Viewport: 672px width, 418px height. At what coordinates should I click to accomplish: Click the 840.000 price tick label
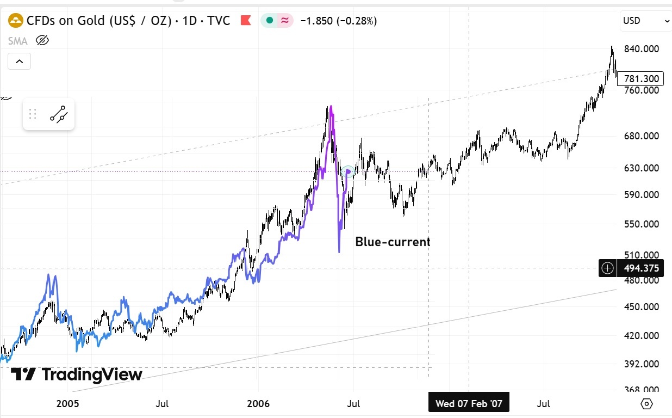tap(641, 49)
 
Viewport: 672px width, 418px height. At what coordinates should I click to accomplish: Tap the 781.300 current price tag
tap(641, 79)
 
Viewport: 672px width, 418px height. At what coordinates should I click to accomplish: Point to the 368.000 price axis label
tap(641, 390)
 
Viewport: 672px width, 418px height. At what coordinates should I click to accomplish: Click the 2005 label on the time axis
tap(68, 404)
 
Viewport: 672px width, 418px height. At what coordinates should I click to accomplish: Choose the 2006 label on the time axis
tap(258, 404)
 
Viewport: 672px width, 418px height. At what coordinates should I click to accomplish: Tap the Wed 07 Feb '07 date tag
tap(469, 404)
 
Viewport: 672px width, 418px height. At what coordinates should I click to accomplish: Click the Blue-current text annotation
tap(393, 242)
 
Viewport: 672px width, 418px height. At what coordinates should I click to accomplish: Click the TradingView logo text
tap(77, 374)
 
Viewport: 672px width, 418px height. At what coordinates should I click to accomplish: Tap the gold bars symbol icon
tap(17, 21)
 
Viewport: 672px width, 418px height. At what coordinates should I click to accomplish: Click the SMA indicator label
tap(18, 40)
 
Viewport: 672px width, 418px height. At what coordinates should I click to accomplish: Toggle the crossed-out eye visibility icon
tap(42, 40)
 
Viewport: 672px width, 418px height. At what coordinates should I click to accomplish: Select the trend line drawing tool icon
tap(58, 114)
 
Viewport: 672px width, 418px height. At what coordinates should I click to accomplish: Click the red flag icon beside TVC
tap(245, 21)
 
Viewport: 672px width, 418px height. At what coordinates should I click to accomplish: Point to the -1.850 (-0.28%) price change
tap(339, 21)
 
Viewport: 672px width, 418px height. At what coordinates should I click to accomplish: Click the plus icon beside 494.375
tap(607, 268)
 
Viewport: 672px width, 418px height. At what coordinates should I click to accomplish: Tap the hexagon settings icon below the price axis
tap(646, 404)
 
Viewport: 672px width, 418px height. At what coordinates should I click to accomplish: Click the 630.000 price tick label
tap(641, 168)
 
